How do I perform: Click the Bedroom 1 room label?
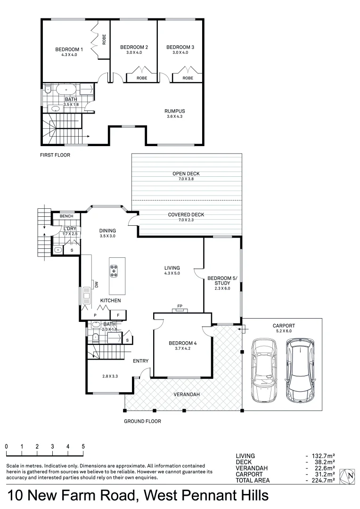click(x=69, y=49)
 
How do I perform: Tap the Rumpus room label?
click(x=175, y=111)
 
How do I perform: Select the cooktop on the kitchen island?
click(x=114, y=271)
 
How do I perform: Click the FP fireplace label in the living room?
click(x=180, y=306)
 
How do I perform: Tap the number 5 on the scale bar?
click(x=83, y=446)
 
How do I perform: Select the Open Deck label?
click(x=187, y=174)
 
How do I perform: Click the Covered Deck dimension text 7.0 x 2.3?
click(x=186, y=220)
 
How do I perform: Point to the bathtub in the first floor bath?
click(x=66, y=89)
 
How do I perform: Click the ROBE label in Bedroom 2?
click(x=141, y=78)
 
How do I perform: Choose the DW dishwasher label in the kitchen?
click(x=96, y=285)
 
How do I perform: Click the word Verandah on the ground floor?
click(x=185, y=394)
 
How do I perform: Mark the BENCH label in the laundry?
click(x=66, y=216)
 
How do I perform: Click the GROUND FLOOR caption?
click(x=142, y=421)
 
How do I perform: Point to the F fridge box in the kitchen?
click(x=118, y=314)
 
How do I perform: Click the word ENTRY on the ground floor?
click(x=140, y=361)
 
